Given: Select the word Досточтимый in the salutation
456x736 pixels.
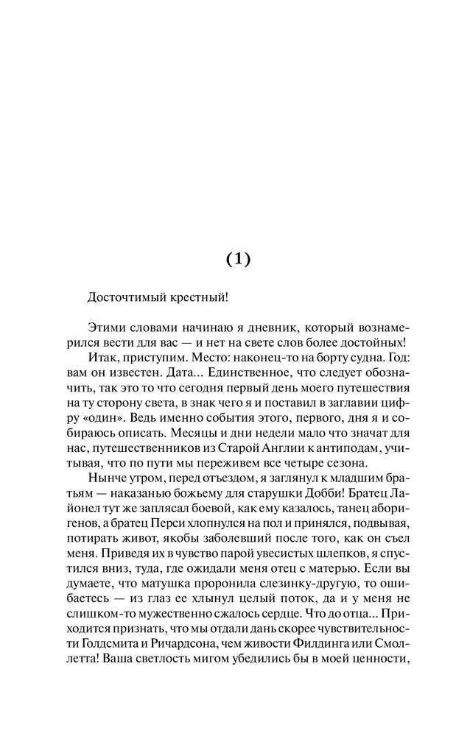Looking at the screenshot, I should pyautogui.click(x=124, y=298).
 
